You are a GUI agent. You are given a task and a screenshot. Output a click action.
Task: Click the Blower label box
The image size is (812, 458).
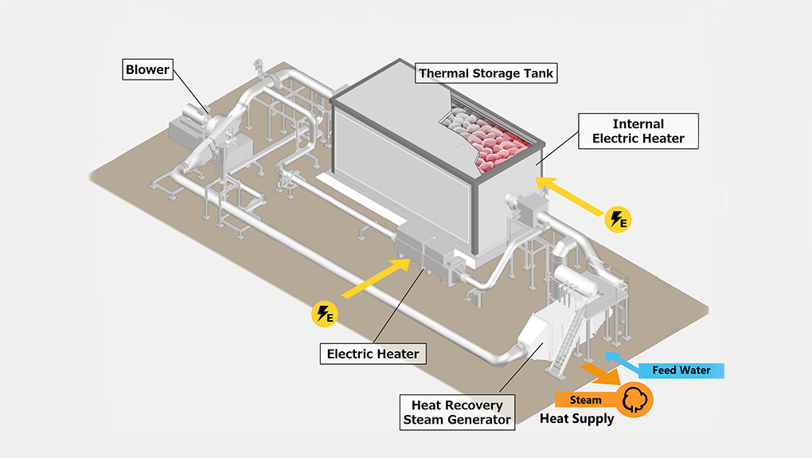click(147, 69)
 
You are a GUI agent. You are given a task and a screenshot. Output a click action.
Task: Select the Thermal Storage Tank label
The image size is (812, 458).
click(486, 73)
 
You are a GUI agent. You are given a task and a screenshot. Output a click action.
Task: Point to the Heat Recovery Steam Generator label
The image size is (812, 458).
click(457, 413)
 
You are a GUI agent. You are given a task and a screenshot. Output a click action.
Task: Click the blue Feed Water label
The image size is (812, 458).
click(681, 370)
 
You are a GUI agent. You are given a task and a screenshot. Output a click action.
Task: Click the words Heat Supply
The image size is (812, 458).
click(577, 419)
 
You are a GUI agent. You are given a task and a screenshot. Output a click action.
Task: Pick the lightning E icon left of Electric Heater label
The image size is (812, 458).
click(323, 314)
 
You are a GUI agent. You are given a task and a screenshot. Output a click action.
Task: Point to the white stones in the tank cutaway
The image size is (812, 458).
click(462, 123)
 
